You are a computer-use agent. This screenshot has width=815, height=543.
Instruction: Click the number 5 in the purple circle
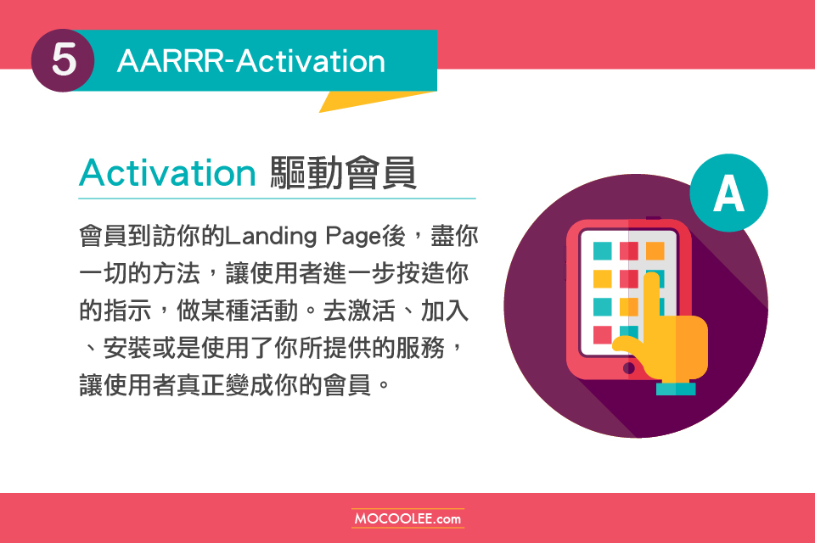click(x=64, y=59)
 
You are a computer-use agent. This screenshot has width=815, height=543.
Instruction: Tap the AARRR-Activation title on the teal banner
click(x=251, y=61)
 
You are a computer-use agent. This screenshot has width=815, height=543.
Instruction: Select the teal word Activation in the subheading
click(x=167, y=172)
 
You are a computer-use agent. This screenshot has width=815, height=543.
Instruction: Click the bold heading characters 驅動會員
click(x=343, y=172)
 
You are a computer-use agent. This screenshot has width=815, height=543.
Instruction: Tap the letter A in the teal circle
click(x=728, y=193)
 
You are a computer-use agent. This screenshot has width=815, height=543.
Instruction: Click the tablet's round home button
click(x=628, y=368)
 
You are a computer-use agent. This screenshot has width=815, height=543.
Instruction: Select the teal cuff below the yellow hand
click(x=676, y=389)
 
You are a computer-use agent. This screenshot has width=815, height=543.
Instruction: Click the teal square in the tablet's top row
click(x=603, y=251)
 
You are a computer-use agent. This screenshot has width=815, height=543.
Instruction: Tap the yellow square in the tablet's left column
click(x=603, y=279)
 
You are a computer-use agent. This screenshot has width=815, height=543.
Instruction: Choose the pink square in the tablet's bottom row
click(x=603, y=335)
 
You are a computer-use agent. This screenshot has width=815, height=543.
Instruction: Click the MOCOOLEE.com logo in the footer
click(x=407, y=518)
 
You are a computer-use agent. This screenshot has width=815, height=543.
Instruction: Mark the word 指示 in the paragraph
click(x=128, y=311)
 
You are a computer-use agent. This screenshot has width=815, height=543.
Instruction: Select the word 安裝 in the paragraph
click(x=128, y=348)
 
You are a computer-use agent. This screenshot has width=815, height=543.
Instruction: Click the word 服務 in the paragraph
click(x=421, y=348)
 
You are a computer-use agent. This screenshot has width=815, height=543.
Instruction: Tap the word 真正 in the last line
click(x=200, y=385)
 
